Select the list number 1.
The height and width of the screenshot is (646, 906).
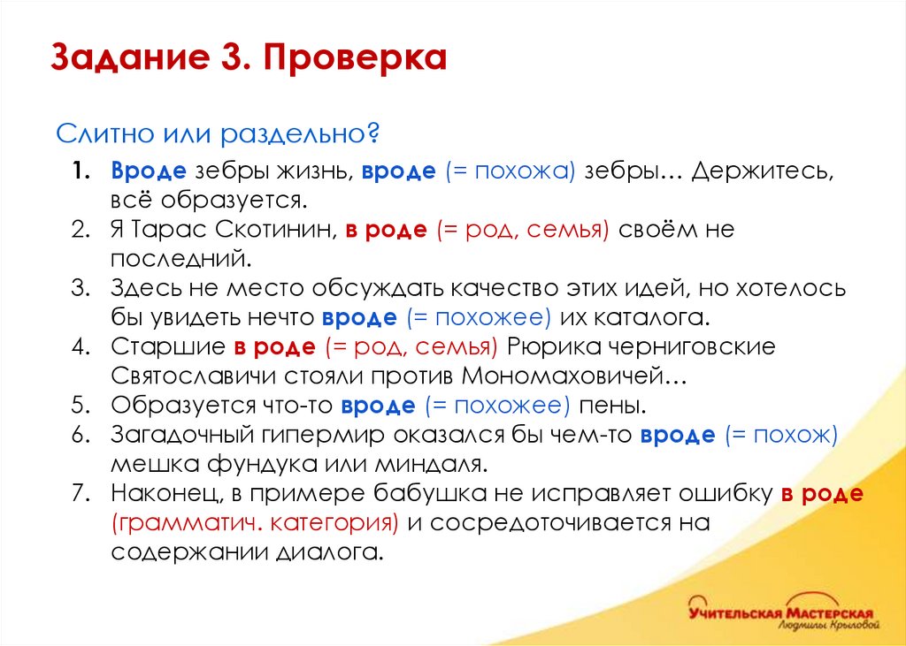[81, 171]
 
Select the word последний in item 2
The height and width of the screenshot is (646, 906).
[177, 258]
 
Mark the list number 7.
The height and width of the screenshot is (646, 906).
[81, 493]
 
